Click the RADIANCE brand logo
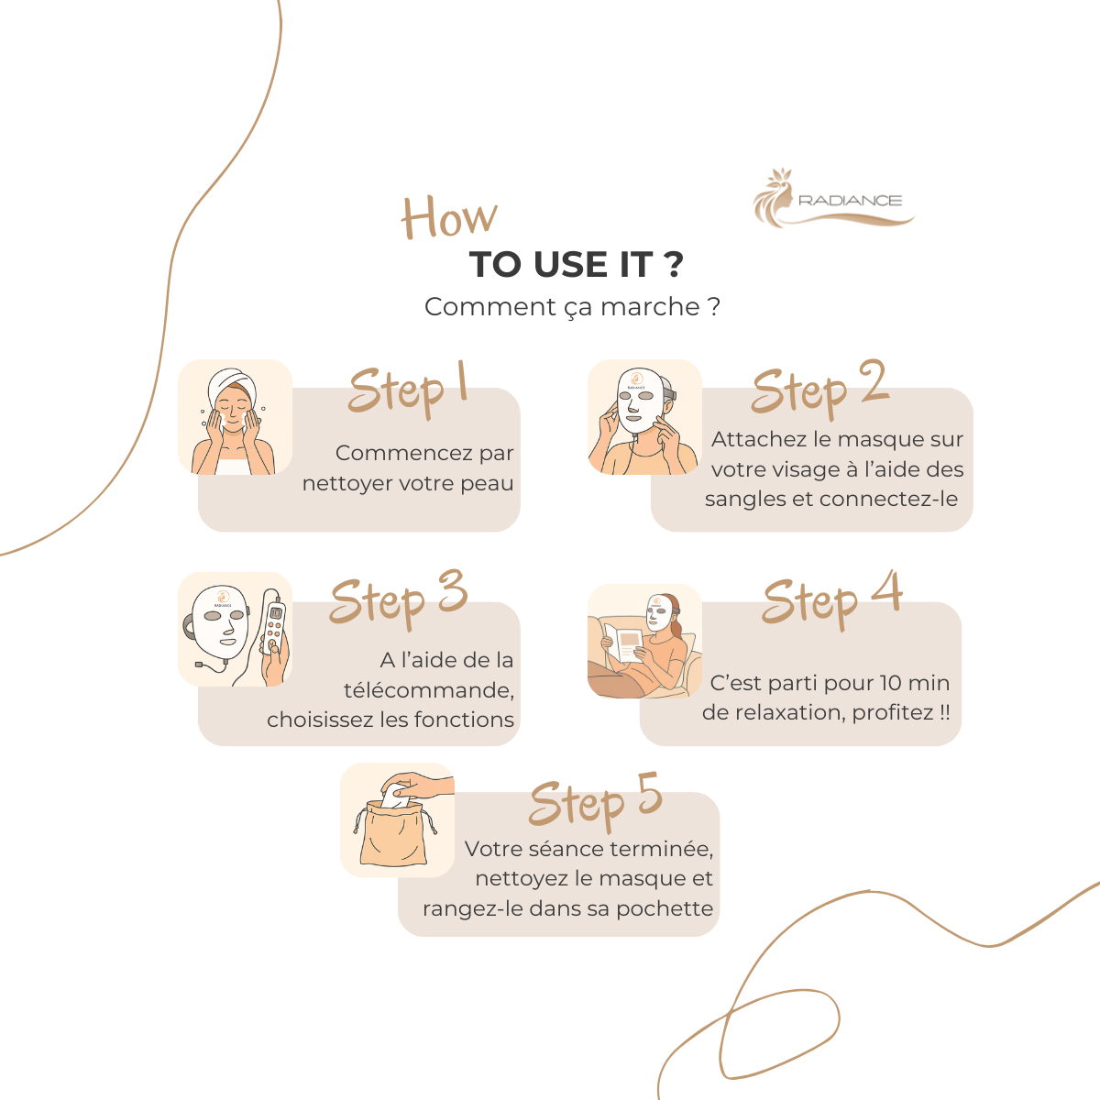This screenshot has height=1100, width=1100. coord(833,198)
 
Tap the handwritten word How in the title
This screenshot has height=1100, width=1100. coord(449,217)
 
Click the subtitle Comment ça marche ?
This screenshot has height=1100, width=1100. coord(572,307)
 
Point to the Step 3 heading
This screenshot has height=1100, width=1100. coord(399,599)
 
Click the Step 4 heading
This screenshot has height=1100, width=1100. coord(832,599)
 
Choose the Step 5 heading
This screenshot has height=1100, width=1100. coord(596,801)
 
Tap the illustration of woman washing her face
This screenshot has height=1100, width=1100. coord(236,417)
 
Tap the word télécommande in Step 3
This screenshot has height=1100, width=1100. coord(429,690)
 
